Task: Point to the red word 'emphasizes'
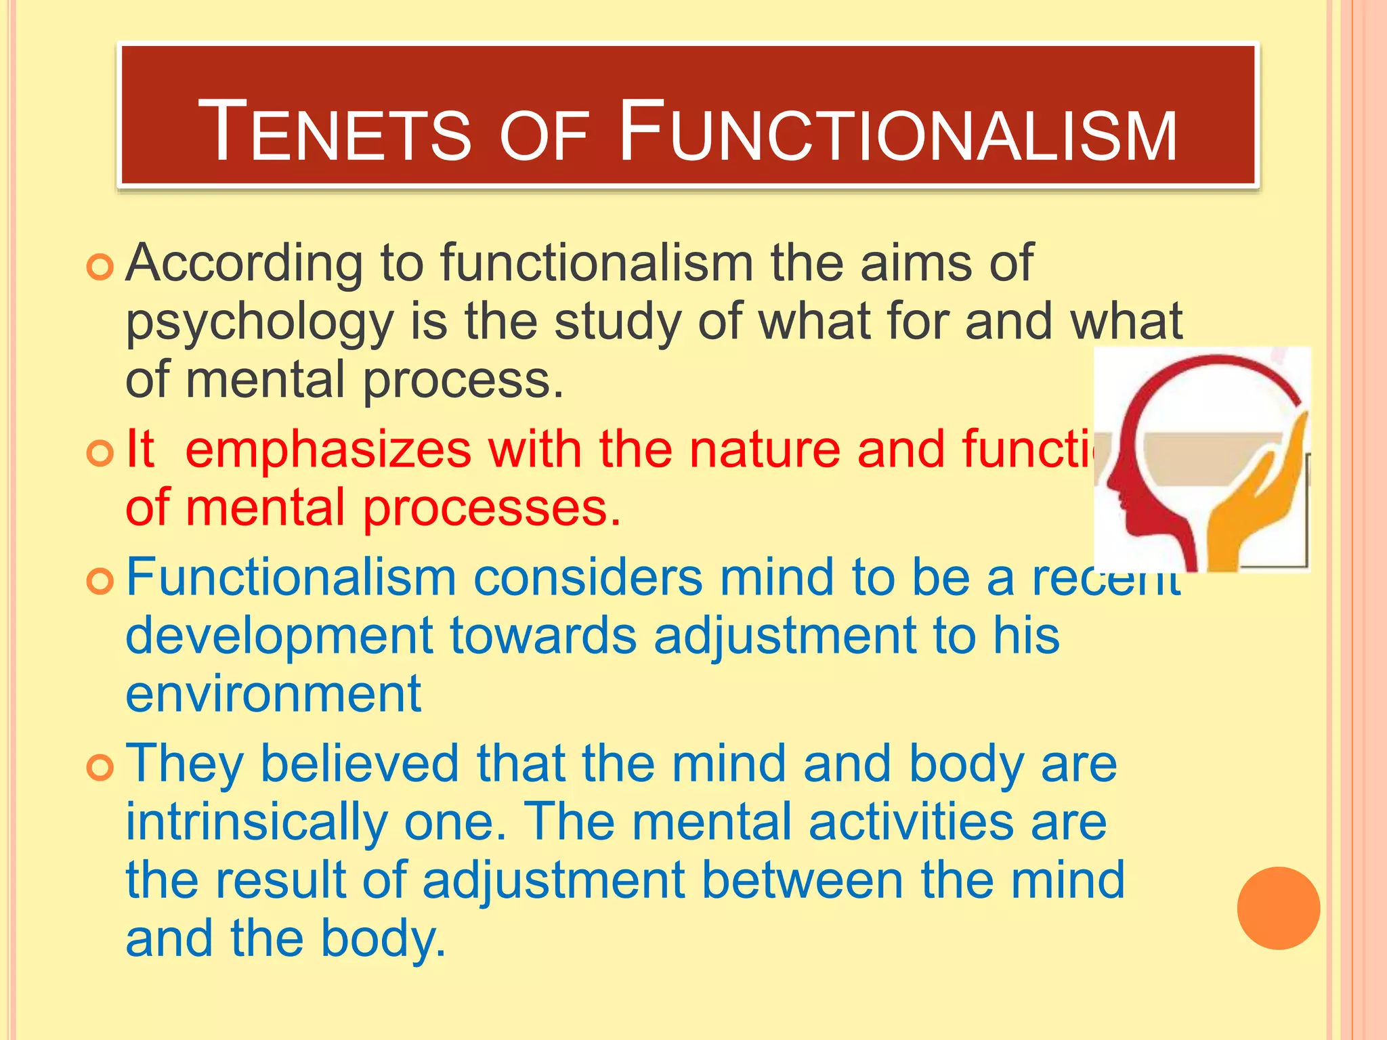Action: [328, 450]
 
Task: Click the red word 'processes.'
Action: [492, 509]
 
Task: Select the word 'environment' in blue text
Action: [273, 695]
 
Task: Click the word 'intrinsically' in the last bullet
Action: [257, 822]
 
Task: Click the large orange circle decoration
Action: [1278, 908]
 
